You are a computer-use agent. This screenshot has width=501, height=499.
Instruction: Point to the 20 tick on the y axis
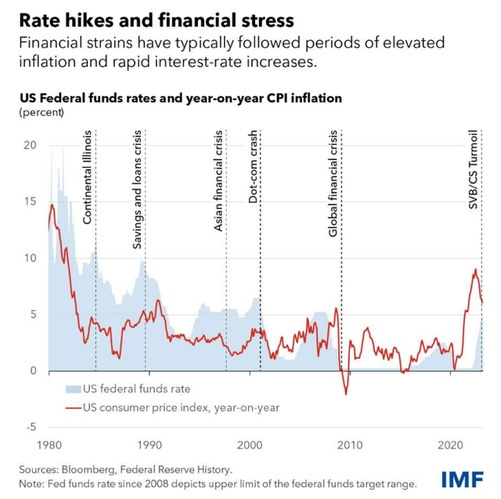pos(32,146)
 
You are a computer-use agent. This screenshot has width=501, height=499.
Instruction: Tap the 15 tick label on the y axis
pos(32,202)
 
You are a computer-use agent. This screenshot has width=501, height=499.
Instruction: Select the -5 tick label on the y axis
pos(32,427)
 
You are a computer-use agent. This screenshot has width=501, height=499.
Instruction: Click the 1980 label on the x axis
pos(49,444)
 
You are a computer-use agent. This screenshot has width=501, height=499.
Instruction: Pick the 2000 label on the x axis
pos(249,444)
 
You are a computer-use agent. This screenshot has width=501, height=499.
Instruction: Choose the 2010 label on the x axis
pos(350,444)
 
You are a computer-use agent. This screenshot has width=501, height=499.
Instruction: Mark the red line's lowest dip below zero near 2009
pos(346,394)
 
